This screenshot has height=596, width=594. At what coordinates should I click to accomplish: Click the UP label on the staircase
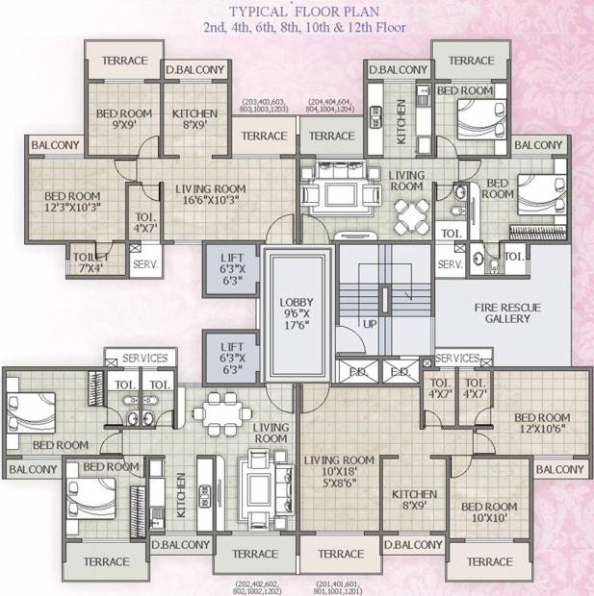click(370, 325)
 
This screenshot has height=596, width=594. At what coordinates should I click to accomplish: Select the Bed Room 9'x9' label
click(124, 118)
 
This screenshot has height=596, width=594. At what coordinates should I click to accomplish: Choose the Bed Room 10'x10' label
click(489, 512)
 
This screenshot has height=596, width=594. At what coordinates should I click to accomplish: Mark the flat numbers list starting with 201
click(344, 585)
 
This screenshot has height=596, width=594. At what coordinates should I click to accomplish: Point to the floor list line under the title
click(297, 28)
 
